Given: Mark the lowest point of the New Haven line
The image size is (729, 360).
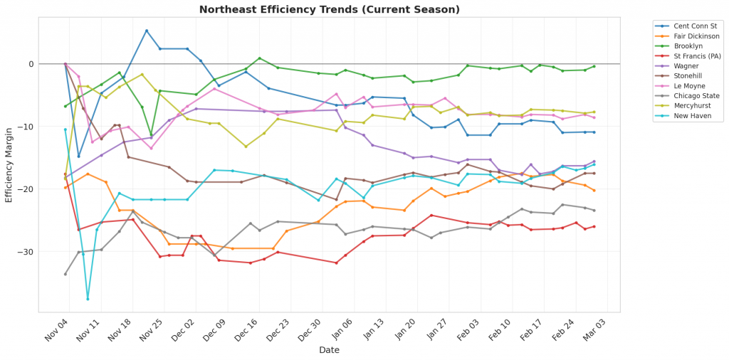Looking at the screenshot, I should tap(88, 299).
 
